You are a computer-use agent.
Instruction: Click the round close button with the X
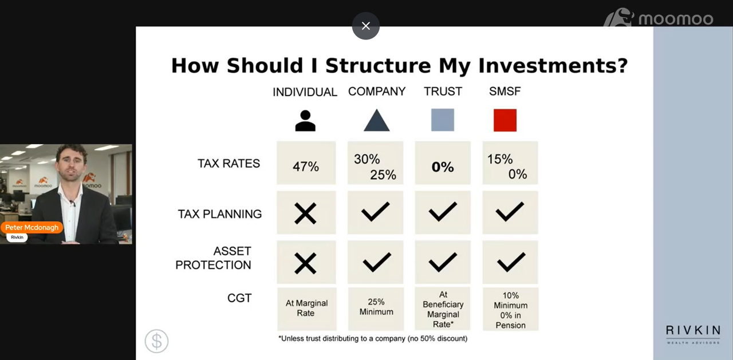pos(366,26)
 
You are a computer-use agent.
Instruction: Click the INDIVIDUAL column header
pos(305,92)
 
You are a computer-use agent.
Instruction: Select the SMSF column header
pos(505,91)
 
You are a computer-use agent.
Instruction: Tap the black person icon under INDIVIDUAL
pos(305,121)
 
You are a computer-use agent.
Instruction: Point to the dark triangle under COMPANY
pos(377,120)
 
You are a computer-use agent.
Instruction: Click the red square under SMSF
pos(505,120)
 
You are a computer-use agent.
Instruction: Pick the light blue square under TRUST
pos(443,120)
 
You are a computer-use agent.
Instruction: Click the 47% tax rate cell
pos(306,163)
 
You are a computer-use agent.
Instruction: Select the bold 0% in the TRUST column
pos(443,167)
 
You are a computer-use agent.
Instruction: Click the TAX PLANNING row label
pos(219,214)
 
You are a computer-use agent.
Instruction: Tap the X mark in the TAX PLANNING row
pos(305,213)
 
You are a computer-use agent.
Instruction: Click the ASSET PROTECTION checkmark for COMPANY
pos(377,262)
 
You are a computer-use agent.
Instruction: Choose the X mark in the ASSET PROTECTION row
pos(305,263)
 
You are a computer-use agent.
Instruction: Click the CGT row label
pos(239,298)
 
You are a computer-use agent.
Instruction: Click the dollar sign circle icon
pos(156,341)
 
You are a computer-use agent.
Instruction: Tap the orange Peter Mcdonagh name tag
pos(31,228)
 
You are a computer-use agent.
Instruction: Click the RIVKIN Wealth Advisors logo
pos(693,334)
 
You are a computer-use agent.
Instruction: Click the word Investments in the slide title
pos(553,66)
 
